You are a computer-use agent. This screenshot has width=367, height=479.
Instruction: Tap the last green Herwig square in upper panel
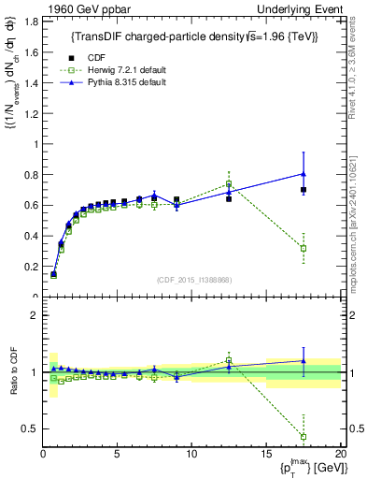click(303, 248)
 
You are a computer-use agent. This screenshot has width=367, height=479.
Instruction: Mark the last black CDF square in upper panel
click(303, 190)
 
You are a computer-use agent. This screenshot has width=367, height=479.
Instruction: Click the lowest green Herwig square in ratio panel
click(303, 436)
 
